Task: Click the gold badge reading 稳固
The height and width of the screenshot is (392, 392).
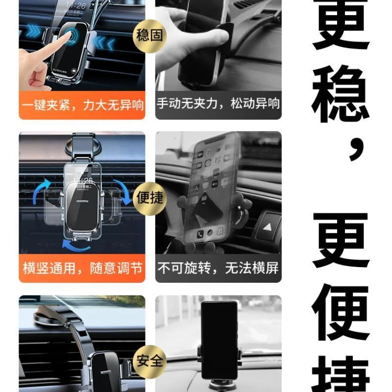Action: click(x=150, y=35)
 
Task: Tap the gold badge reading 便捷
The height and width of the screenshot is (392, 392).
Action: click(x=150, y=198)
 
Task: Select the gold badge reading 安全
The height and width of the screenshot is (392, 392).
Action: click(x=150, y=362)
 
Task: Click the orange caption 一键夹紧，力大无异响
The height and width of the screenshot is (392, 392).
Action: click(x=82, y=104)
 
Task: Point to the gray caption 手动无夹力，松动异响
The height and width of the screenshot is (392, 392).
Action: click(x=219, y=104)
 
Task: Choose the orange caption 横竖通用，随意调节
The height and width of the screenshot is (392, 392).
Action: click(x=82, y=268)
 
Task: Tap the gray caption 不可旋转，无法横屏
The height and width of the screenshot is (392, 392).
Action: click(x=219, y=268)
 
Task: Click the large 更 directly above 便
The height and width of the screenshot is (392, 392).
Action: click(x=341, y=240)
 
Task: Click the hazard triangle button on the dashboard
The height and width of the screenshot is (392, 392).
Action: click(x=268, y=226)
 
